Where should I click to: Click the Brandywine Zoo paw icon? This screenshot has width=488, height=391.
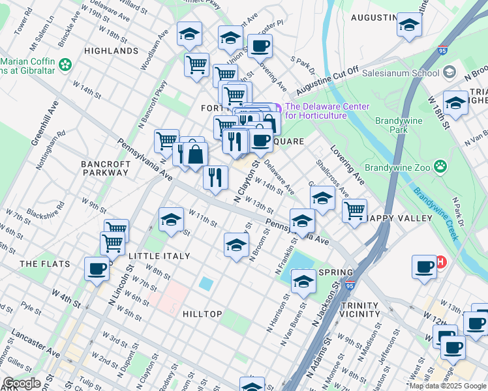click(442, 167)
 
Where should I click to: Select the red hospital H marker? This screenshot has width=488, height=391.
click(440, 262)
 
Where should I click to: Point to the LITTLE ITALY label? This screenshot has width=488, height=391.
click(159, 256)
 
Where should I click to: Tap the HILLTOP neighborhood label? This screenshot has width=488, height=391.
click(202, 314)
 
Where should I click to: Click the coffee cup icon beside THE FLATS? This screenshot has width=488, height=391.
click(97, 268)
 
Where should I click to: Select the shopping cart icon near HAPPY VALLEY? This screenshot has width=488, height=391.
click(354, 210)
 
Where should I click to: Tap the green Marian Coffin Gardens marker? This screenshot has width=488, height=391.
click(65, 65)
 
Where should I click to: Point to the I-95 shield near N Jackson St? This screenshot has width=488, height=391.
click(350, 285)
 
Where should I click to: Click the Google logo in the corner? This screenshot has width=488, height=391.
click(22, 384)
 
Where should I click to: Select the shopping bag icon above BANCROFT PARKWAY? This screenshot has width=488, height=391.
click(195, 154)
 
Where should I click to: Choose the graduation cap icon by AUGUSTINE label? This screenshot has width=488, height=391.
click(409, 25)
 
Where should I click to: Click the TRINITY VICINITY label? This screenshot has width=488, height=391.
click(359, 310)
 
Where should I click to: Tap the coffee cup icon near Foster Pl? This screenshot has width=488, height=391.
click(260, 46)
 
